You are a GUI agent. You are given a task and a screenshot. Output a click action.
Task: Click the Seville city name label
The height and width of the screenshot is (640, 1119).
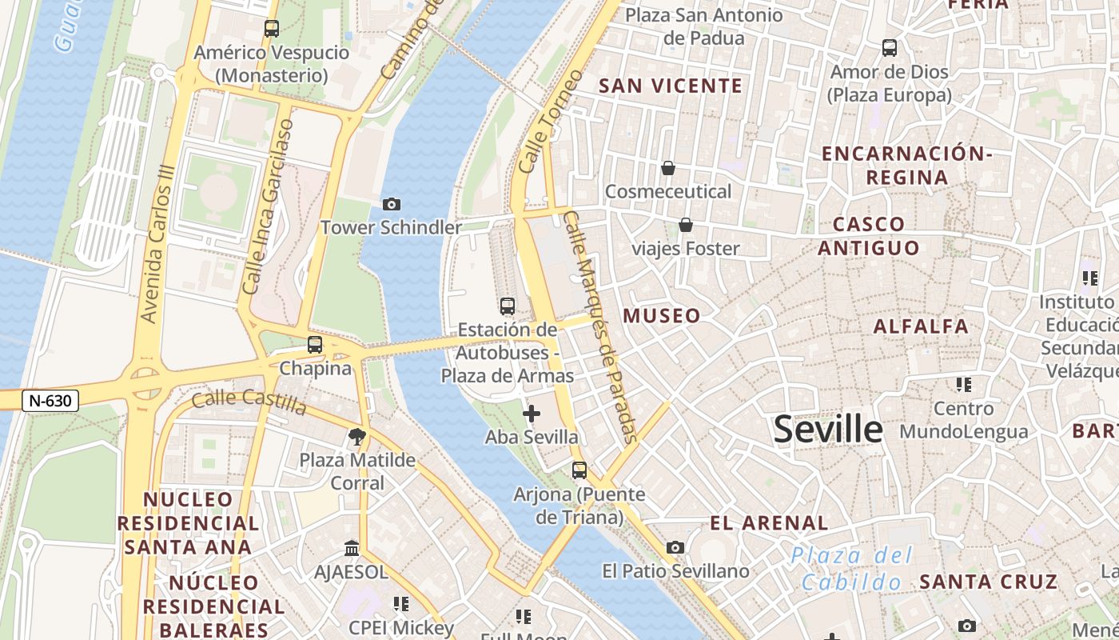click(x=828, y=430)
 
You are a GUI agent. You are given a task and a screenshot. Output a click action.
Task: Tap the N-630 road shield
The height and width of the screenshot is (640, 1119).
click(x=50, y=401)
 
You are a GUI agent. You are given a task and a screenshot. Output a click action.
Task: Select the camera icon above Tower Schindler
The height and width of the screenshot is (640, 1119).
click(x=392, y=205)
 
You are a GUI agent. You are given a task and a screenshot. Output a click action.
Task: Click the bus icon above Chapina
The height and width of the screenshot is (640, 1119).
click(x=315, y=345)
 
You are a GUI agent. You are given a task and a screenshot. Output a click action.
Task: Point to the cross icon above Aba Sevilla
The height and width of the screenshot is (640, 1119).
click(x=531, y=414)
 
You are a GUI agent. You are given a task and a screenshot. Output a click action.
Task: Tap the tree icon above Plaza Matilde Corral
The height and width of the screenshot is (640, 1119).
click(x=357, y=437)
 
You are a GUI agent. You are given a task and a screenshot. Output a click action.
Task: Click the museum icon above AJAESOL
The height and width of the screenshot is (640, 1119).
click(x=352, y=549)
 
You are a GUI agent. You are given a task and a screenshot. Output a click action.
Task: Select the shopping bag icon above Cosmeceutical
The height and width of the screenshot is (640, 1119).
click(x=667, y=168)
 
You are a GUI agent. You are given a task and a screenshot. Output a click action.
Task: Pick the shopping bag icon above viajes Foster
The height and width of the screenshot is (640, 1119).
click(x=685, y=226)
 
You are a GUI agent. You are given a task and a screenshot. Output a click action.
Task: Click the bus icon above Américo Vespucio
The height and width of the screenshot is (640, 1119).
click(x=272, y=29)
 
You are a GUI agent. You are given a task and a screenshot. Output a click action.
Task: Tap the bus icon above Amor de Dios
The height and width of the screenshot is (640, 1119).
click(x=890, y=48)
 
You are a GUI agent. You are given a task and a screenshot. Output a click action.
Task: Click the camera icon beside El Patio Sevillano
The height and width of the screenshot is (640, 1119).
click(x=675, y=548)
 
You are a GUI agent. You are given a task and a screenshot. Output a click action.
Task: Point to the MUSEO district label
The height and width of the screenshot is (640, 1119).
click(x=662, y=316)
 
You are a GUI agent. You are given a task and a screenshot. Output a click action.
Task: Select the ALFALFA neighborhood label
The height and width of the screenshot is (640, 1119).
click(x=921, y=326)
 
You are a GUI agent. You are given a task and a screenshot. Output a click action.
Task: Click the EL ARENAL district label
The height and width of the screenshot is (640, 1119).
click(x=769, y=523)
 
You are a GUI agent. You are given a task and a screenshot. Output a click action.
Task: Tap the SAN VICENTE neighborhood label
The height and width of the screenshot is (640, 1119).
click(x=671, y=86)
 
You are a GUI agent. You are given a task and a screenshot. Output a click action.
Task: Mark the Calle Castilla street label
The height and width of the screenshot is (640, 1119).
click(x=249, y=402)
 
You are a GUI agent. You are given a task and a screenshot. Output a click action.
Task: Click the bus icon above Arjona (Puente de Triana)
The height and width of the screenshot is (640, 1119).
click(x=579, y=470)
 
